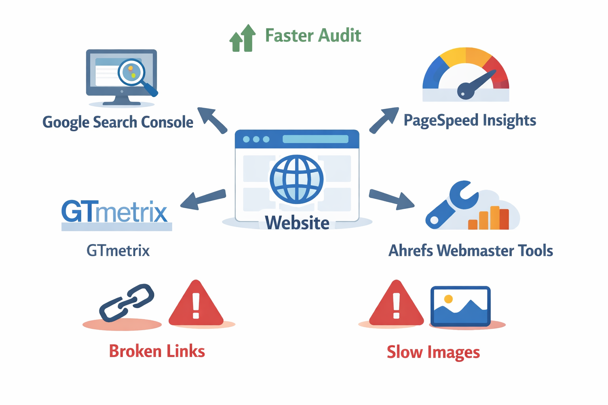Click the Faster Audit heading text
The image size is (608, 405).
(313, 36)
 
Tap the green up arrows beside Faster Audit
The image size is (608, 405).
(243, 39)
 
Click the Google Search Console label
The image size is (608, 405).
(118, 122)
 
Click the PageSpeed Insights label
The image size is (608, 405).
(470, 120)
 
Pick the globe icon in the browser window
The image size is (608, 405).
(296, 179)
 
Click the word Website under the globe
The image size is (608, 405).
(297, 223)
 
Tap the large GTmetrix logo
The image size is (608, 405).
(115, 212)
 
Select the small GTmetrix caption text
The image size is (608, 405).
(118, 251)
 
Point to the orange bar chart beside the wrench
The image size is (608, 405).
(489, 218)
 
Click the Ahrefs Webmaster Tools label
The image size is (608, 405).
(471, 251)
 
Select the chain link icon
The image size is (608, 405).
(127, 303)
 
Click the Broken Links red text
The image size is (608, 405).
(157, 351)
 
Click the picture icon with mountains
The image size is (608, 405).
(460, 306)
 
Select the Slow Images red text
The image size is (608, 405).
(433, 352)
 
